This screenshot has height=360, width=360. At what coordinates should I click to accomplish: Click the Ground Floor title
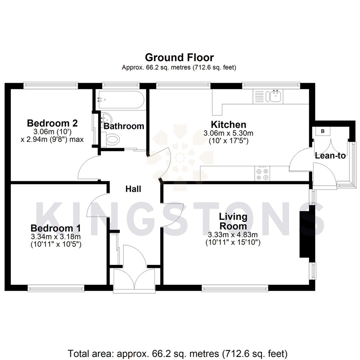click(179, 58)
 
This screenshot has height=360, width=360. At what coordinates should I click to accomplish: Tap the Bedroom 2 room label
click(52, 123)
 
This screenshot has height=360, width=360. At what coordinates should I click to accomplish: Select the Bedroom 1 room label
click(56, 229)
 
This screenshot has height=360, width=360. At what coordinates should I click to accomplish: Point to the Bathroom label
click(124, 126)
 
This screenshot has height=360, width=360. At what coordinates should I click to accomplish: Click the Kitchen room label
click(229, 125)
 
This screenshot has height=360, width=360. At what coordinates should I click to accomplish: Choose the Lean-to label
click(330, 155)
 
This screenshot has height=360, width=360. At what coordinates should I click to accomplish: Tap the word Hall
click(133, 189)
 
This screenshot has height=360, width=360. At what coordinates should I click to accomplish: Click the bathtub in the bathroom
click(120, 99)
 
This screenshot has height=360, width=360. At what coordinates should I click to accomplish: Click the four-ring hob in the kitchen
click(263, 173)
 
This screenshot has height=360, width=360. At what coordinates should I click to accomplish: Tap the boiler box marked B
click(322, 131)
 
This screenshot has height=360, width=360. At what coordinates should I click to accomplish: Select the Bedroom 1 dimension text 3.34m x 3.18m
click(56, 237)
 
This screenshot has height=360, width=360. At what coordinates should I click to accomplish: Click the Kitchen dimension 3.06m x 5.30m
click(229, 133)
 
